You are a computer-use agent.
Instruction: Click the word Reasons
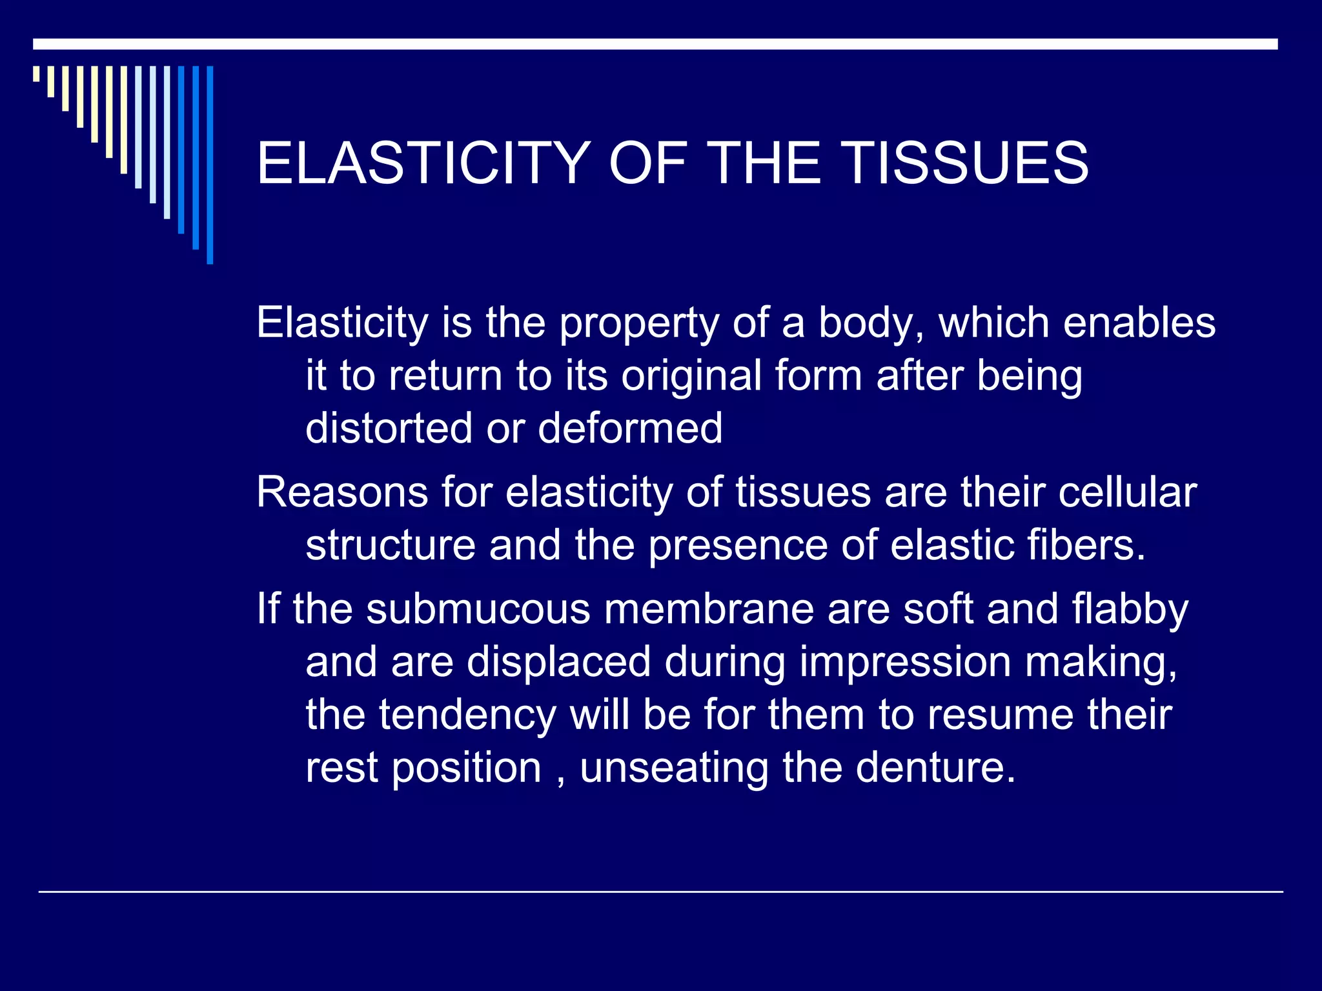click(342, 493)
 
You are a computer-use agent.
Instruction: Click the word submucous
click(478, 609)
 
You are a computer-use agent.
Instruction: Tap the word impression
click(905, 663)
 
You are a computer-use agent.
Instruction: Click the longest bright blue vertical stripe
click(210, 165)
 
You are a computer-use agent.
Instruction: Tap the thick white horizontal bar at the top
click(655, 44)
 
